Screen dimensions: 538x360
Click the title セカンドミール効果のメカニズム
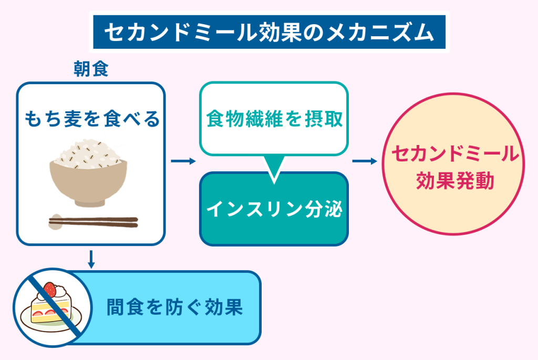coord(270,33)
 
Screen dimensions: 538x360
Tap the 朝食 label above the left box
coord(91,69)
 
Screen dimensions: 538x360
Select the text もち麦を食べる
coord(92,119)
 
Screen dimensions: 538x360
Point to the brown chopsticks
coord(94,222)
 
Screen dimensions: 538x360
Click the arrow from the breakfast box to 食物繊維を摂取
coord(183,161)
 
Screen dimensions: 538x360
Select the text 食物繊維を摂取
coord(274,119)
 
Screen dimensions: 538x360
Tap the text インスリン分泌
coord(274,209)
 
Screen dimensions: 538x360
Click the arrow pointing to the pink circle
coord(365,161)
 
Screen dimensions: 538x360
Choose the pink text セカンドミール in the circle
coord(456,153)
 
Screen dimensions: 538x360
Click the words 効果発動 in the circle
coord(455,180)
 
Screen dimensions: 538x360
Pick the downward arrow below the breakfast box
coord(91,260)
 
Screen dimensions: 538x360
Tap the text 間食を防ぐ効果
coord(174,307)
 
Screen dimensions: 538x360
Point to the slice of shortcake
coord(51,304)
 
